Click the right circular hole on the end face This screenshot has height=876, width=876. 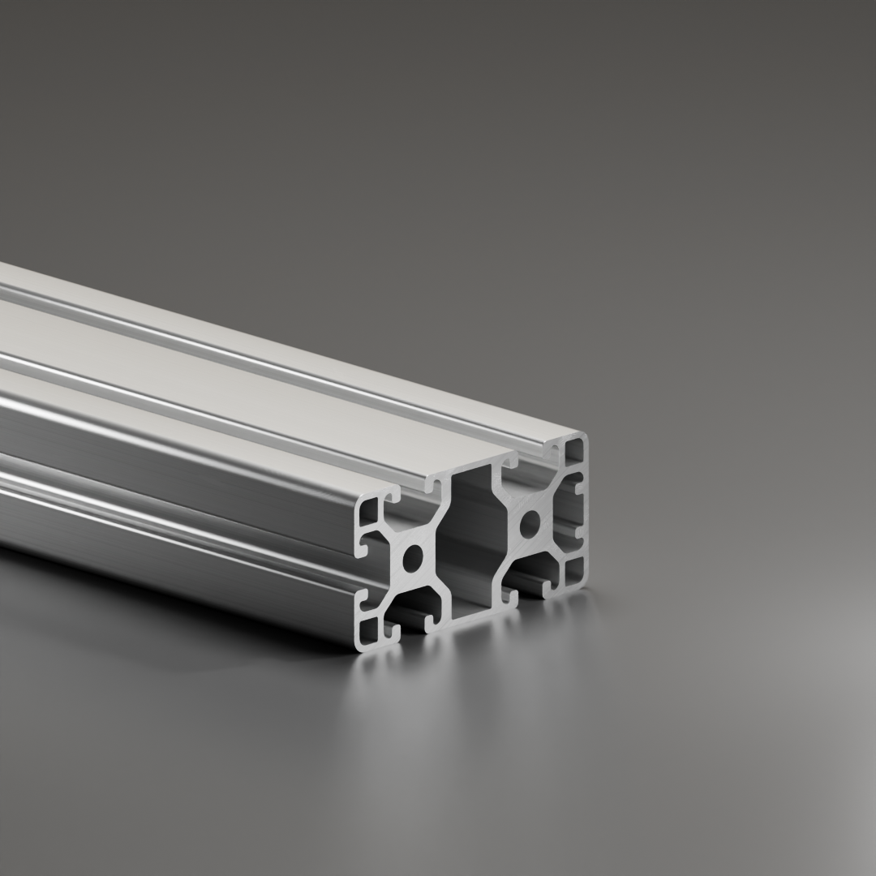[530, 523]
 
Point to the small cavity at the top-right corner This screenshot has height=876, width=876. [573, 451]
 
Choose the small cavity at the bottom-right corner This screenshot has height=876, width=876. [573, 571]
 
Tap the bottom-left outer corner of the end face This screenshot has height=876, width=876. [358, 648]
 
